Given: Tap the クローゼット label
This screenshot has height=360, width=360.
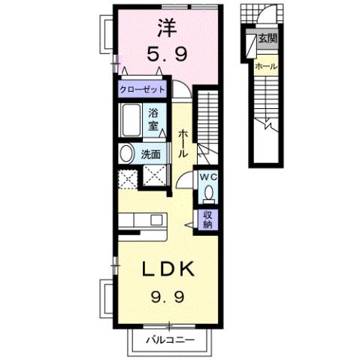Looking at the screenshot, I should [142, 89].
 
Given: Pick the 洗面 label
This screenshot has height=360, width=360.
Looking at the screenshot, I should [151, 154].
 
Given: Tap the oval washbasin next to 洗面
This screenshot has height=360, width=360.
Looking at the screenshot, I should [126, 153].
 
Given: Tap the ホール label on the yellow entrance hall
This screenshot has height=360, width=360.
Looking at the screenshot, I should [265, 67].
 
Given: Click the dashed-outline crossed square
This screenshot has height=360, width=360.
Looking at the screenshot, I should [128, 179].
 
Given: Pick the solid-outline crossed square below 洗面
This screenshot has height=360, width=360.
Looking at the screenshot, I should [155, 179].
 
